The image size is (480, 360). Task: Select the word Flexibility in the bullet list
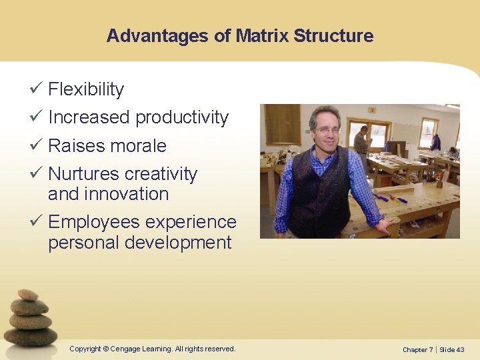(86, 89)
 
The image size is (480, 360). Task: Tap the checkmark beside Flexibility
(37, 89)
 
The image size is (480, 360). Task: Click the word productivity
(182, 117)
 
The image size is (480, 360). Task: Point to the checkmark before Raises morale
(37, 145)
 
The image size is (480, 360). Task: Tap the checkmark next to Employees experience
(37, 221)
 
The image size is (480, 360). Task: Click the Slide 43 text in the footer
(452, 349)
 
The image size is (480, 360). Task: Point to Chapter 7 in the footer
(417, 349)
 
